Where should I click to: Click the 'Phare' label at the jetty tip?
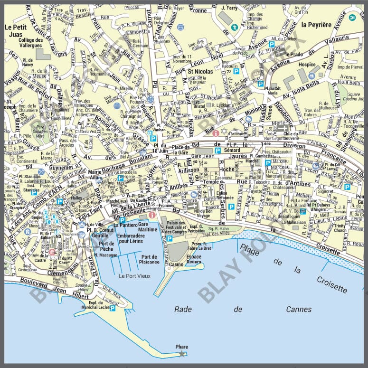182,347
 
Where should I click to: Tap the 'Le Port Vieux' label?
134,275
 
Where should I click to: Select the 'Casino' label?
176,264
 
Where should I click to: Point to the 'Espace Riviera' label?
193,259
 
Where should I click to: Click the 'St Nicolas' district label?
200,72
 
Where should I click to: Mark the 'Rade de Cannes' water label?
243,309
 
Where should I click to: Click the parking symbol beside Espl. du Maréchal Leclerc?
113,308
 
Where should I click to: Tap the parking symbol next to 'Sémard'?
217,151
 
